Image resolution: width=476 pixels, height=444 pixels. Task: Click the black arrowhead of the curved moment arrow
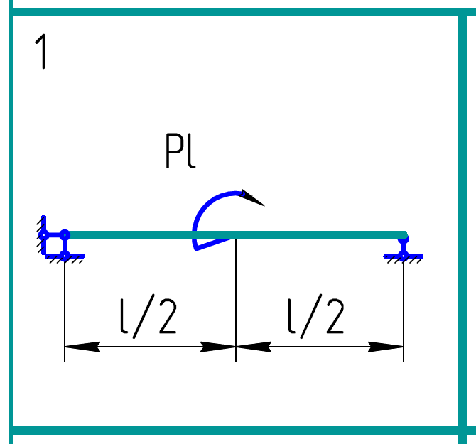[252, 197]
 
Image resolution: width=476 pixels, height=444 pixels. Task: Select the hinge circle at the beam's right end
[404, 236]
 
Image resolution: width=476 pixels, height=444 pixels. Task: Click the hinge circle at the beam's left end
[65, 234]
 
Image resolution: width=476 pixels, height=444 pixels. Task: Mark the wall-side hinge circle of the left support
[44, 234]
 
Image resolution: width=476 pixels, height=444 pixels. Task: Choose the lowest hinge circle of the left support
[65, 255]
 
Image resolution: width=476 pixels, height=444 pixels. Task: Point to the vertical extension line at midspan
[236, 298]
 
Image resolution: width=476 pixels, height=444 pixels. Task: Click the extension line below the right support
[404, 305]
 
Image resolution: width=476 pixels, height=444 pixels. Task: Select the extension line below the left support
[65, 305]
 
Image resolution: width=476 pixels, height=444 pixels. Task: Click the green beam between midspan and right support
[320, 235]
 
